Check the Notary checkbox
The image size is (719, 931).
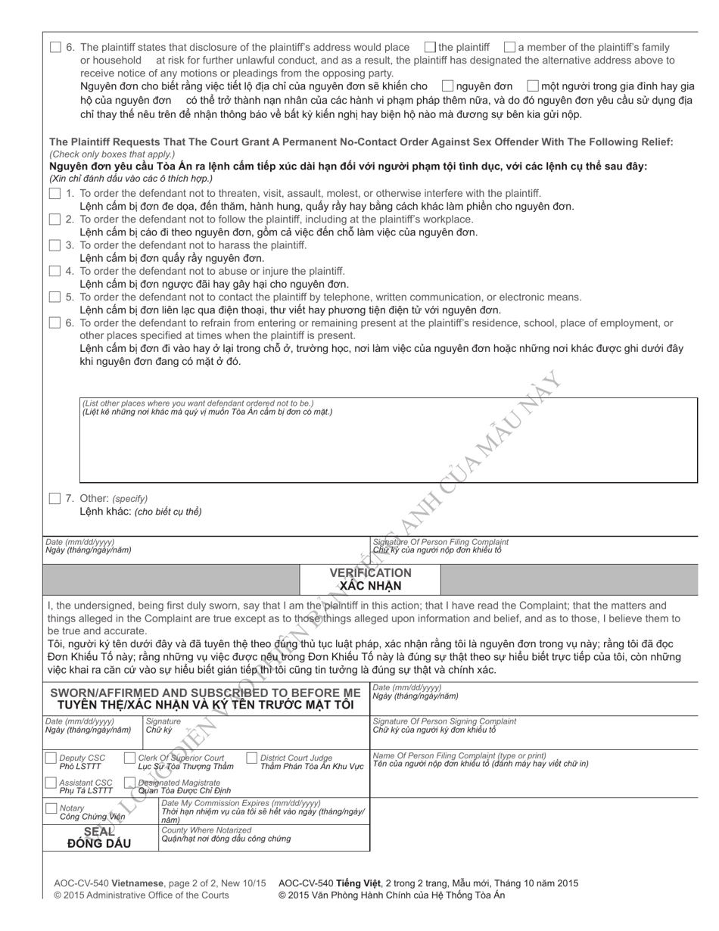[x=51, y=808]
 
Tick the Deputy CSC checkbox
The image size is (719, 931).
[x=51, y=758]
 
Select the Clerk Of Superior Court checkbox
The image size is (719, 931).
[x=129, y=758]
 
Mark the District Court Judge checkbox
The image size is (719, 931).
[x=252, y=758]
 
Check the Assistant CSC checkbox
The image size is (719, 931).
[x=51, y=783]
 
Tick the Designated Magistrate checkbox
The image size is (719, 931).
[x=129, y=783]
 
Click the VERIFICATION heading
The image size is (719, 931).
[x=370, y=573]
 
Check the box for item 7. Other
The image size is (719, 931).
[x=54, y=498]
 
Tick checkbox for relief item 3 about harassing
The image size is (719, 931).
[x=54, y=245]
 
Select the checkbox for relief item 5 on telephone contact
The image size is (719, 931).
[x=54, y=297]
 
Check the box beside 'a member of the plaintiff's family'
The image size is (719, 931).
[x=510, y=47]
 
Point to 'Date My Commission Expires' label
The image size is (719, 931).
[x=241, y=803]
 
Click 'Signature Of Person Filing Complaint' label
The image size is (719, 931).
[x=440, y=542]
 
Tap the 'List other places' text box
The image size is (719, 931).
[x=388, y=447]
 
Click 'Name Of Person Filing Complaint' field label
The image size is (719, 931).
[x=459, y=755]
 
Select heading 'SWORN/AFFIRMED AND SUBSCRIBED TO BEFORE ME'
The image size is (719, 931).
[x=205, y=693]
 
